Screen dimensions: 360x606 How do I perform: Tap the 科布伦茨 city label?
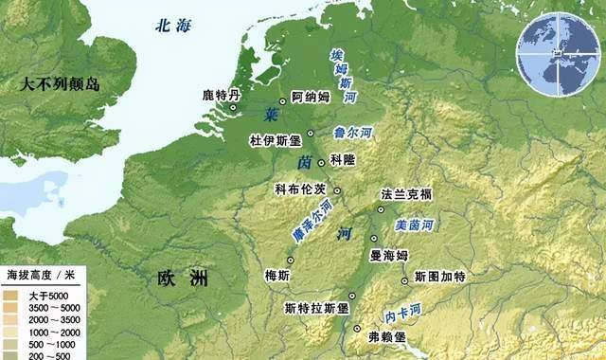[x=300, y=189]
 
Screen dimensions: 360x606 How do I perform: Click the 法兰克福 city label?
[x=405, y=194]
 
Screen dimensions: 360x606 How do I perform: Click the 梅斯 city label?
[x=277, y=275]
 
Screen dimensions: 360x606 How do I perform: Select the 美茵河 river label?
[x=414, y=225]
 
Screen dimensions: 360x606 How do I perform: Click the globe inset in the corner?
[x=559, y=55]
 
